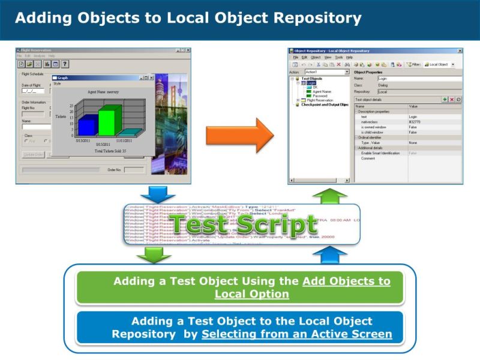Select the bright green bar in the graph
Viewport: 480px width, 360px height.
coord(106,121)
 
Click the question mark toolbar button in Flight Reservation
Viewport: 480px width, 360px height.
coord(64,64)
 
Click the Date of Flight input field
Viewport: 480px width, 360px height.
coord(29,92)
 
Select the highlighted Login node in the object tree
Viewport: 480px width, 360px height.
coord(311,83)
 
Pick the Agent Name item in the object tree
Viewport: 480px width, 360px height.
coord(323,91)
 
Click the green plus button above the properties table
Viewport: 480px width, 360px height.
coord(444,100)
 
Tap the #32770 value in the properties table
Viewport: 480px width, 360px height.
coord(413,121)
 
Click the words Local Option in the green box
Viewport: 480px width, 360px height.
coord(251,294)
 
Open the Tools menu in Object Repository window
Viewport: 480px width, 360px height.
coord(340,57)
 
